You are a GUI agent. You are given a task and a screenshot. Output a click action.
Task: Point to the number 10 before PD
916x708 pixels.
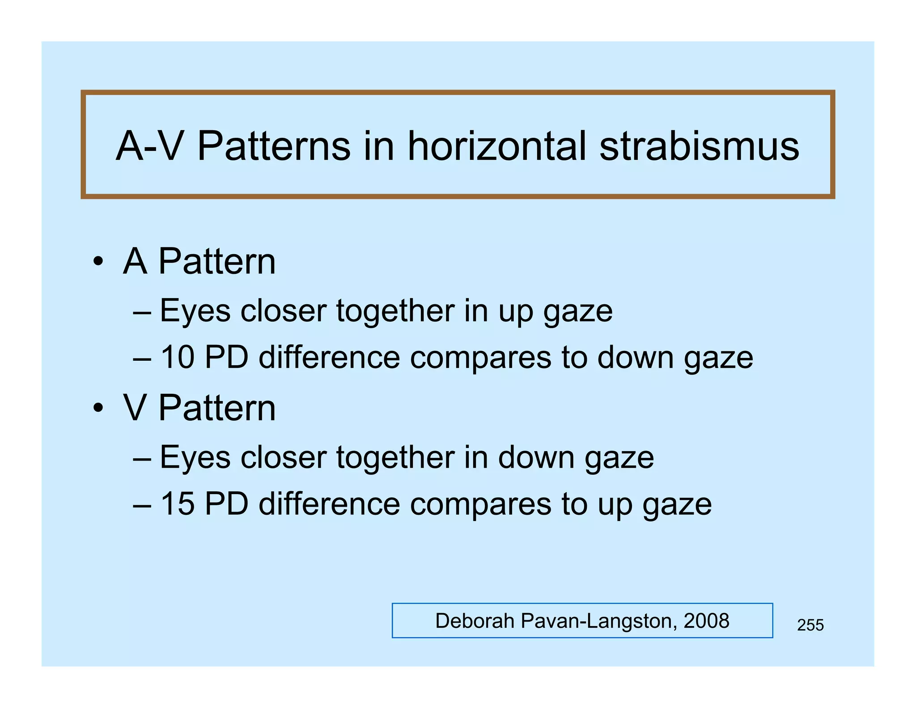tap(178, 357)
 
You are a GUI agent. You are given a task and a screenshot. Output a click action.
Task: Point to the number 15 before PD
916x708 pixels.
tap(178, 503)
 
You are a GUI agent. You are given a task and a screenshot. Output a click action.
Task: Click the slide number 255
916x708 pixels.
tap(810, 625)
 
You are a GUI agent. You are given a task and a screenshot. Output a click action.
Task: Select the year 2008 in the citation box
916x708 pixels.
tap(706, 621)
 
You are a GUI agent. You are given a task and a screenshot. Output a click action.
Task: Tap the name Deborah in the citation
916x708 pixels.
tap(475, 621)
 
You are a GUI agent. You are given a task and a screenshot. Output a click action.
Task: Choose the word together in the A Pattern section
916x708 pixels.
tap(395, 311)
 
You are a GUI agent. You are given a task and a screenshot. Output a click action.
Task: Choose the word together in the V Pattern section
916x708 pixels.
tap(395, 457)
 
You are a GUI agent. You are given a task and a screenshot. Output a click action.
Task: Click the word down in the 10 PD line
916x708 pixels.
tap(635, 357)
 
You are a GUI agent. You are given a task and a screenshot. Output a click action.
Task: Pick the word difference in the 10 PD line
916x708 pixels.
tap(329, 357)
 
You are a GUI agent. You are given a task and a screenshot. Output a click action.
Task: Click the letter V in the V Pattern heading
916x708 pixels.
tap(134, 408)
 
